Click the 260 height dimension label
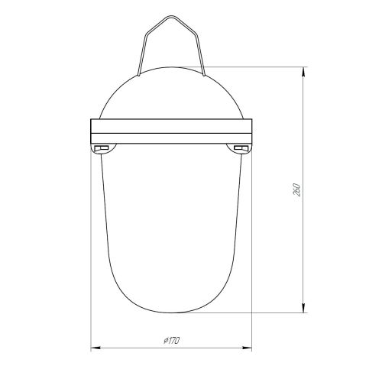coord(297,189)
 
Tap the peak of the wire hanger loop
coord(171,16)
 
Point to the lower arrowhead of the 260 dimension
coord(303,309)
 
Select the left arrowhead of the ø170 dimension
coord(95,348)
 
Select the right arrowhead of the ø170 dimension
coord(248,348)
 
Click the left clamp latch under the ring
coord(102,148)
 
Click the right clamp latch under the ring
coord(241,148)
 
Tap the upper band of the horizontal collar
coord(171,126)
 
